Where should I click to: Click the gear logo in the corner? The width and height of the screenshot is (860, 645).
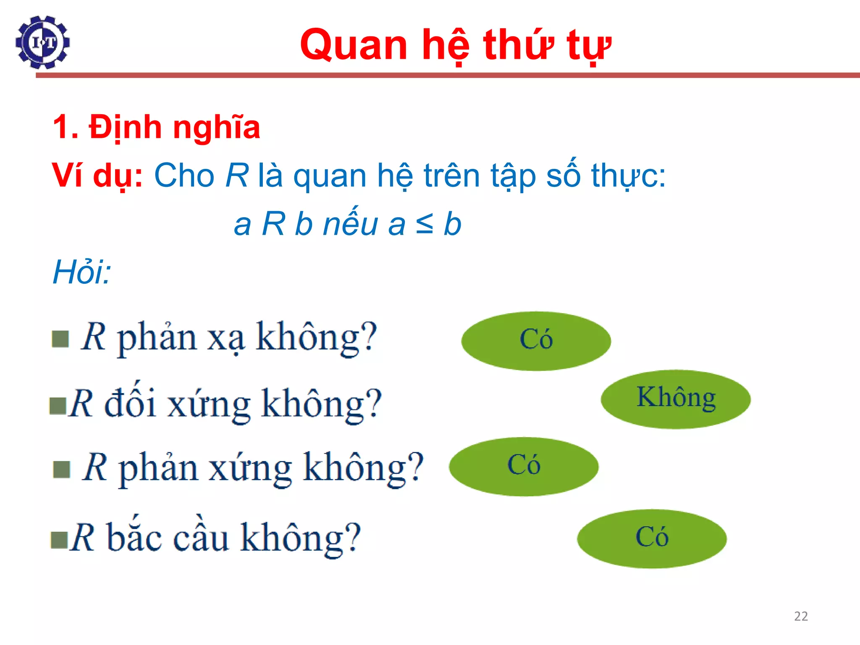click(42, 42)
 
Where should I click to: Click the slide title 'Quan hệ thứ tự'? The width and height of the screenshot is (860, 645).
click(455, 45)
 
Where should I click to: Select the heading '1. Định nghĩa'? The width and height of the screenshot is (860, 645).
click(156, 127)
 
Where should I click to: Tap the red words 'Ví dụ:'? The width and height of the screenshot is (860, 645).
click(97, 176)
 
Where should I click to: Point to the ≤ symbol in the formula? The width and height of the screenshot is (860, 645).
click(424, 224)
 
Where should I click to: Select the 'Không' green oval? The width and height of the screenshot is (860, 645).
click(676, 399)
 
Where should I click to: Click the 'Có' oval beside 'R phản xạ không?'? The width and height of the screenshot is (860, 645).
click(536, 341)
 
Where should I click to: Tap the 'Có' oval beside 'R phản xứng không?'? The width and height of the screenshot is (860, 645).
click(524, 466)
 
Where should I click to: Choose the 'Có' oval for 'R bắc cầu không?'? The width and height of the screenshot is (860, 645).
click(652, 538)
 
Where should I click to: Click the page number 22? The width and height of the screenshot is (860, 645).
click(801, 616)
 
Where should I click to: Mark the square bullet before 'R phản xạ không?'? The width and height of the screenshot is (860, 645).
click(60, 339)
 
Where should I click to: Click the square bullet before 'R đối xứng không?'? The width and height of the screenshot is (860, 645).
click(58, 406)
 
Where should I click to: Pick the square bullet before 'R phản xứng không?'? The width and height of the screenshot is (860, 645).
click(62, 469)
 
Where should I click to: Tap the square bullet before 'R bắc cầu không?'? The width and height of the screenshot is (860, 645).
click(59, 540)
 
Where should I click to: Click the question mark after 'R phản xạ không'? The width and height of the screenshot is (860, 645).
click(369, 337)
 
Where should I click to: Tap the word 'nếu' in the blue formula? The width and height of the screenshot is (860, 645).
click(351, 224)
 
